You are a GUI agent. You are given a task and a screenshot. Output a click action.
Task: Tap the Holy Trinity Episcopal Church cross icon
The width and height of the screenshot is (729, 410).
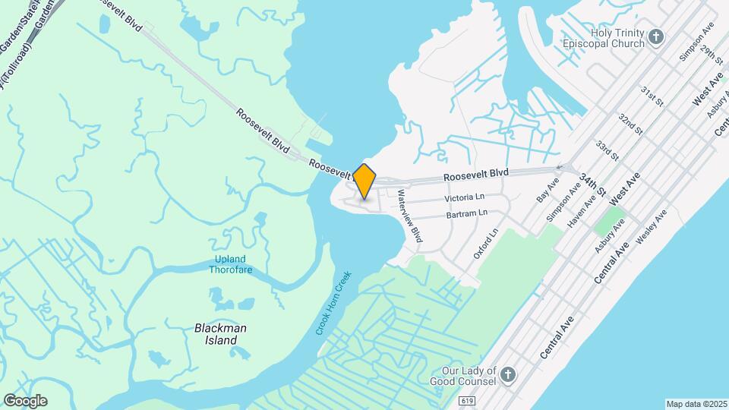pyautogui.click(x=656, y=36)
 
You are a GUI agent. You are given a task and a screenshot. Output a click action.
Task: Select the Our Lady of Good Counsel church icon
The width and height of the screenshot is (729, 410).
pyautogui.click(x=508, y=375)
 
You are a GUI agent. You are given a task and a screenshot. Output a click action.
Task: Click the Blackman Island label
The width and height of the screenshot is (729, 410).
pyautogui.click(x=220, y=334)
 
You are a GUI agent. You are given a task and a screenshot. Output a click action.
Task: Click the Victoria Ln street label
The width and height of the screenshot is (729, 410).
pyautogui.click(x=464, y=197)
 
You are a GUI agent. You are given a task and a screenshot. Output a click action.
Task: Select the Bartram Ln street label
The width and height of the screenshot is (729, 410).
pyautogui.click(x=467, y=215)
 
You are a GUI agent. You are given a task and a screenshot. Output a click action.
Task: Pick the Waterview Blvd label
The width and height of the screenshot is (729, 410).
pyautogui.click(x=410, y=216)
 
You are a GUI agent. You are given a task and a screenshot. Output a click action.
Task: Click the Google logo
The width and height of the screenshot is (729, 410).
pyautogui.click(x=25, y=401)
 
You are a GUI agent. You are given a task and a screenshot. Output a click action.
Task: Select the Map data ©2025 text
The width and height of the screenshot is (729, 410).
pyautogui.click(x=696, y=404)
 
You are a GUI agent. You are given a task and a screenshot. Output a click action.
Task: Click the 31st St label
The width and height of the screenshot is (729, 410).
pyautogui.click(x=652, y=96)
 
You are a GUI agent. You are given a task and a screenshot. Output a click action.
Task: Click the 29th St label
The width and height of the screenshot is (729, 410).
pyautogui.click(x=712, y=54)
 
